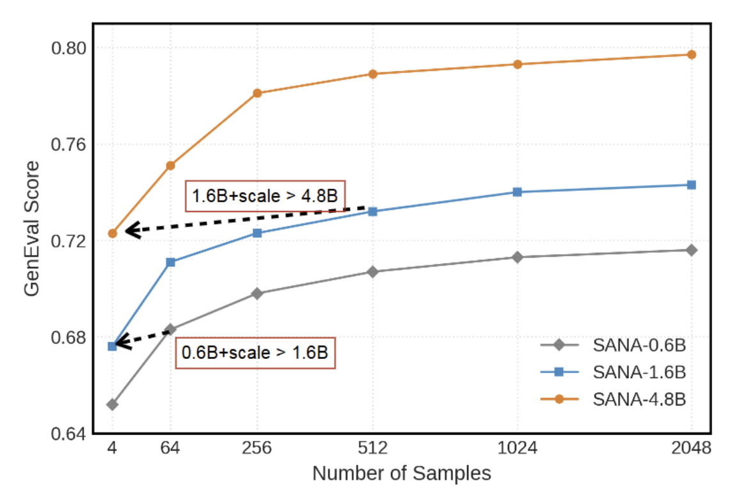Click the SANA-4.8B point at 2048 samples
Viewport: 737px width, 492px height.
click(x=691, y=54)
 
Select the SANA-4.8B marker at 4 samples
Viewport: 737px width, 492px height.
click(x=112, y=234)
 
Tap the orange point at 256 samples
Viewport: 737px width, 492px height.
click(x=257, y=93)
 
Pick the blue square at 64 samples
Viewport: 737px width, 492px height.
click(x=171, y=262)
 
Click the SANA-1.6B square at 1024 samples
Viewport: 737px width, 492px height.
click(x=517, y=192)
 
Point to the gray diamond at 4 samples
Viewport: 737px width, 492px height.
click(x=112, y=404)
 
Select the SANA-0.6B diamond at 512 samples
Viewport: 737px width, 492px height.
click(x=372, y=272)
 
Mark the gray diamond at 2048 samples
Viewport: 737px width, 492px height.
click(x=691, y=250)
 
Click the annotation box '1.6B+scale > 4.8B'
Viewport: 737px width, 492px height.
click(x=265, y=196)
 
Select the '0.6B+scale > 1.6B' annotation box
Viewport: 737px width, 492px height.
click(x=255, y=353)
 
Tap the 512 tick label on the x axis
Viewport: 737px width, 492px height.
click(x=372, y=448)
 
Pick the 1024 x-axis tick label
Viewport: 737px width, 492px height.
click(x=517, y=448)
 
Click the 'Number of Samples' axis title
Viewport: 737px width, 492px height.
click(x=401, y=473)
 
